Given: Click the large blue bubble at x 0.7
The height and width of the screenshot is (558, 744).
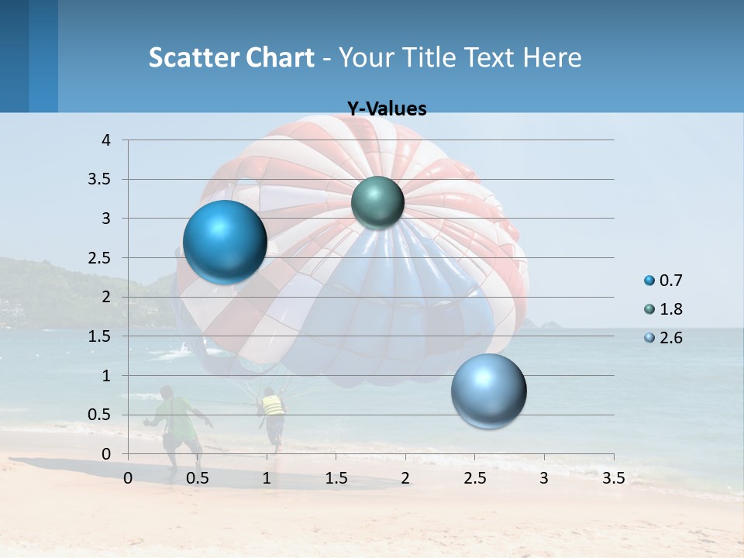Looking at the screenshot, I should [x=225, y=242].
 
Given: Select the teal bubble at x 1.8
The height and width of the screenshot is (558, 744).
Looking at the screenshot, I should [x=377, y=202].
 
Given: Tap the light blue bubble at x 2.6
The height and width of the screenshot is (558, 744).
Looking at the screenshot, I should [x=488, y=391].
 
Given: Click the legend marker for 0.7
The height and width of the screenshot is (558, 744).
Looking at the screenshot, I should [x=649, y=281].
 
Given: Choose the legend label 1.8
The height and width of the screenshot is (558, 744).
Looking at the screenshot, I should [x=670, y=309].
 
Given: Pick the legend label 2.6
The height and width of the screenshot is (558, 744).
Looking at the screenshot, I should [x=670, y=338].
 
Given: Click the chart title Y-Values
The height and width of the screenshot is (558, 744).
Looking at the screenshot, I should [x=387, y=109].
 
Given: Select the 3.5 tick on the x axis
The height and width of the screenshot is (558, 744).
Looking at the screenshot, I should [x=613, y=478].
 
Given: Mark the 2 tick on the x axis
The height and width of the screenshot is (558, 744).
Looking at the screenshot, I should [x=405, y=478].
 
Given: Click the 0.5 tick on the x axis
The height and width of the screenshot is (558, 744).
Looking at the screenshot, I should [x=198, y=478].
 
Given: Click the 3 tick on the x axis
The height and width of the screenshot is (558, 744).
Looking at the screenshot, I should [x=544, y=478].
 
